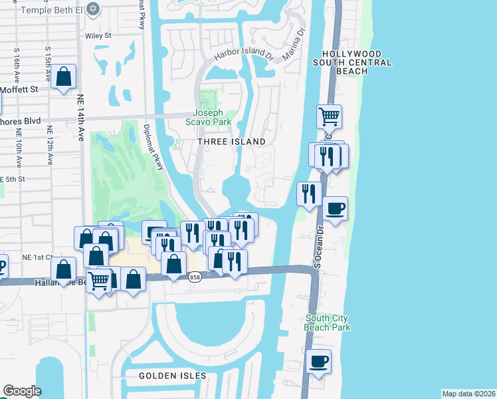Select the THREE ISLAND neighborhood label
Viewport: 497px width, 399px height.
(231, 142)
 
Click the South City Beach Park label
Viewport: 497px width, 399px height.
(327, 323)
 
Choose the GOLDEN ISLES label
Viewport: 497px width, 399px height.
(172, 376)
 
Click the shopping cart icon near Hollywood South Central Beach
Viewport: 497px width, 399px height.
(329, 118)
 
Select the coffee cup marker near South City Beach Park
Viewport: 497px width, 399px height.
(320, 362)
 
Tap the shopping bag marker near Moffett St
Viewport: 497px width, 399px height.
(64, 77)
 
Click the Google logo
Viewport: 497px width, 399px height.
(22, 391)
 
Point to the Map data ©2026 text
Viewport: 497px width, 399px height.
(468, 394)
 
